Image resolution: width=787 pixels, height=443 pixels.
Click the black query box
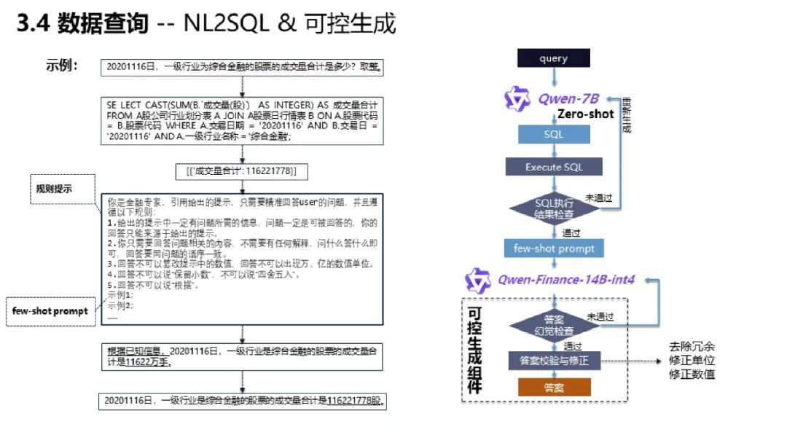point(554,58)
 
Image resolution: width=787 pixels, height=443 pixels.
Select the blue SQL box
point(554,134)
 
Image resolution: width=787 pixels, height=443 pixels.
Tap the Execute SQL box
point(554,167)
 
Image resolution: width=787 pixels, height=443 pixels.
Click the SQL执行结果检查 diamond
point(554,207)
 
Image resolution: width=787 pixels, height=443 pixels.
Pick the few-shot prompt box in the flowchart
point(554,248)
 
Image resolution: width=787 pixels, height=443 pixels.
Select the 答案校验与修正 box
point(554,360)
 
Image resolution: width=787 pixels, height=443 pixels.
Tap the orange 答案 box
point(554,388)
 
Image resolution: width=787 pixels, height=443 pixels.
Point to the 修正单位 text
point(692,361)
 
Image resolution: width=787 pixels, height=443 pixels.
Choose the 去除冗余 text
point(692,347)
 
